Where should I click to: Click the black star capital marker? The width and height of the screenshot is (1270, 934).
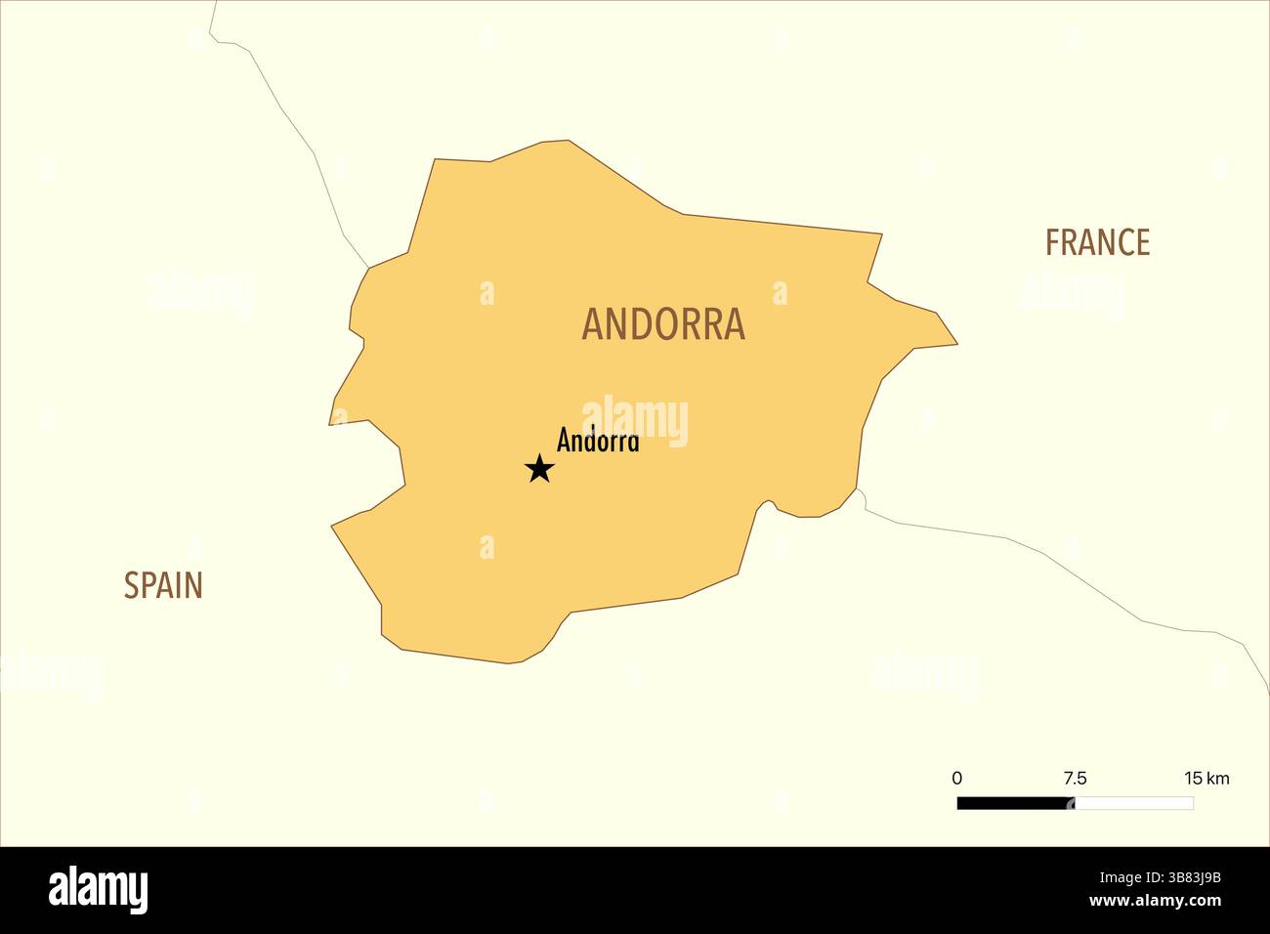(x=539, y=469)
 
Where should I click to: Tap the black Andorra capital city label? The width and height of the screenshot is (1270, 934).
(x=598, y=441)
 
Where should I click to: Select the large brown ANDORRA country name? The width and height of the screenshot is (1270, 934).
(x=663, y=324)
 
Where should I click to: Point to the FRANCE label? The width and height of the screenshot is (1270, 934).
(x=1097, y=242)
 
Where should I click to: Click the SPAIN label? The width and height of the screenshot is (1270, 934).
(x=163, y=585)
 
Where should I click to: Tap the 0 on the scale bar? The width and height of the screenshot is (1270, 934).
(x=956, y=779)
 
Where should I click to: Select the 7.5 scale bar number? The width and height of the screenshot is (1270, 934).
(x=1075, y=779)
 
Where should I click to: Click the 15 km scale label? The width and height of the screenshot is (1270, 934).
(x=1206, y=779)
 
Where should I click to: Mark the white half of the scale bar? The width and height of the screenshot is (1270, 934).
(x=1134, y=803)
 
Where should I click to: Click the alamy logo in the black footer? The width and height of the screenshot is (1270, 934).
(x=98, y=889)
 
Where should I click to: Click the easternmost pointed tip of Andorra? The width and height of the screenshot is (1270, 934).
(x=955, y=344)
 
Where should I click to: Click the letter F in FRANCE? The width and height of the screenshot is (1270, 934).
(x=1052, y=242)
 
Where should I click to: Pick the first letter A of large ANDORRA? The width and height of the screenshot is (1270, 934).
(x=592, y=324)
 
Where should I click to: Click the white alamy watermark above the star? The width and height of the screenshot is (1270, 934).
(x=635, y=420)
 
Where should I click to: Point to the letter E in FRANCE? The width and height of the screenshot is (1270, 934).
(x=1141, y=242)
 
